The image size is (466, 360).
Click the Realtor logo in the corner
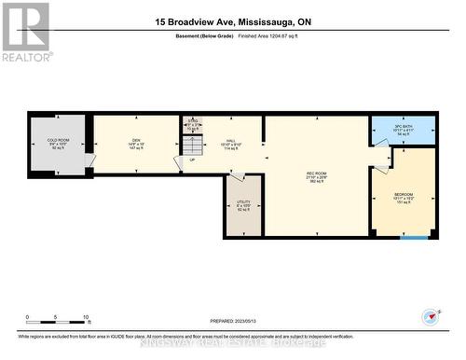(25, 31)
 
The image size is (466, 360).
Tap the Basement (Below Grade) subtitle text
(203, 35)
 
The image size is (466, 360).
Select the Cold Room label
(59, 144)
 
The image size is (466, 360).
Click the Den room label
(135, 144)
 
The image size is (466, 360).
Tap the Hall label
(231, 144)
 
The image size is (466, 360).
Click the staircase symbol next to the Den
(192, 146)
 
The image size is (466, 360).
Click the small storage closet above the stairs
(193, 125)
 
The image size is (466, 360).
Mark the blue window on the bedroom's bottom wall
(414, 237)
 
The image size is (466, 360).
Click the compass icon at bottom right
(429, 314)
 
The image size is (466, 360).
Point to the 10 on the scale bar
(86, 316)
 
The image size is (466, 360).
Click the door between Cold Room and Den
(89, 160)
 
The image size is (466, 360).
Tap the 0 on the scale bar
(28, 316)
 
